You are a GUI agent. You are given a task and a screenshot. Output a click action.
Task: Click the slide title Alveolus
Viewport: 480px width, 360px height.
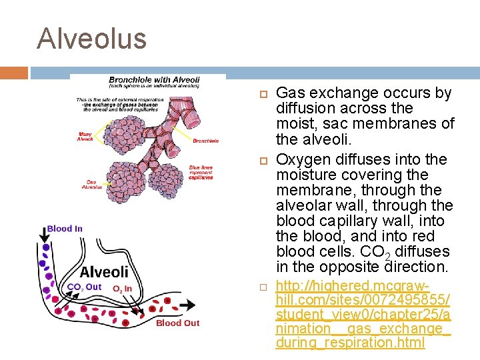[x=91, y=38]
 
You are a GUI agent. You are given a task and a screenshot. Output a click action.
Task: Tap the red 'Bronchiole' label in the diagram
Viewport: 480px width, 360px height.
[x=205, y=141]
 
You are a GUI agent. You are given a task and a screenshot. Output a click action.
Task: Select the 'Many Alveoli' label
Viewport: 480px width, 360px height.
[x=85, y=137]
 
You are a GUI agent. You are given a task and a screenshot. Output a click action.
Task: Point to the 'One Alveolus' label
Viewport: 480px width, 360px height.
[x=91, y=185]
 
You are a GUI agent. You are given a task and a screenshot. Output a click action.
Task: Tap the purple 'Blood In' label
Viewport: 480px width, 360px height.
[x=65, y=229]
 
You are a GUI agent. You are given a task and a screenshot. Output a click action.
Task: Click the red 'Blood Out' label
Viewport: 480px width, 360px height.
[x=177, y=323]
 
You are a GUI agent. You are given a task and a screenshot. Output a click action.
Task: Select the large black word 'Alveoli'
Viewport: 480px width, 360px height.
[x=104, y=272]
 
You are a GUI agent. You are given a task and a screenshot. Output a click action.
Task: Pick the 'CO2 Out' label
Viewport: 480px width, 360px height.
[x=84, y=287]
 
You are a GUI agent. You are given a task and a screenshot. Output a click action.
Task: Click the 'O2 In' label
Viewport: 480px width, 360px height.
[x=122, y=289]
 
